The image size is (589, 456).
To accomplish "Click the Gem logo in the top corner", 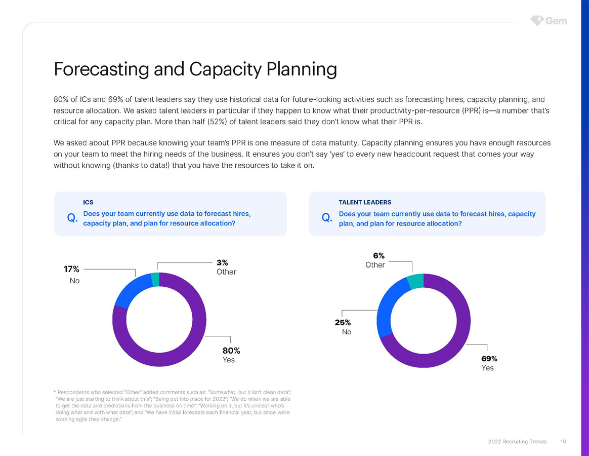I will click(549, 21).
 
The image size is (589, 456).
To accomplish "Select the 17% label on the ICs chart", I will click(71, 270).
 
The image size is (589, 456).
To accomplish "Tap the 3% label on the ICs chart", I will click(222, 262).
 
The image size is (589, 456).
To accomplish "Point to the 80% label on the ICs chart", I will click(231, 350).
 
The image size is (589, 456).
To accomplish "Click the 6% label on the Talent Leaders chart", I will click(379, 256).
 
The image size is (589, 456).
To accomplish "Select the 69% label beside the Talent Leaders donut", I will click(489, 358).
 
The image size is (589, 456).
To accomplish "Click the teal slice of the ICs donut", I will click(155, 280).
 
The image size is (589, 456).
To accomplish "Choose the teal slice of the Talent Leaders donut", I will click(415, 281).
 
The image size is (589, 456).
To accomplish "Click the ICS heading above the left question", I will click(88, 203).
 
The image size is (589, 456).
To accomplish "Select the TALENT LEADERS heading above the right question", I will click(365, 203).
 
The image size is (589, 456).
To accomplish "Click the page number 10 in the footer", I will click(563, 442).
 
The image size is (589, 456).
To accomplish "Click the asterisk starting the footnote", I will click(54, 392).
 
